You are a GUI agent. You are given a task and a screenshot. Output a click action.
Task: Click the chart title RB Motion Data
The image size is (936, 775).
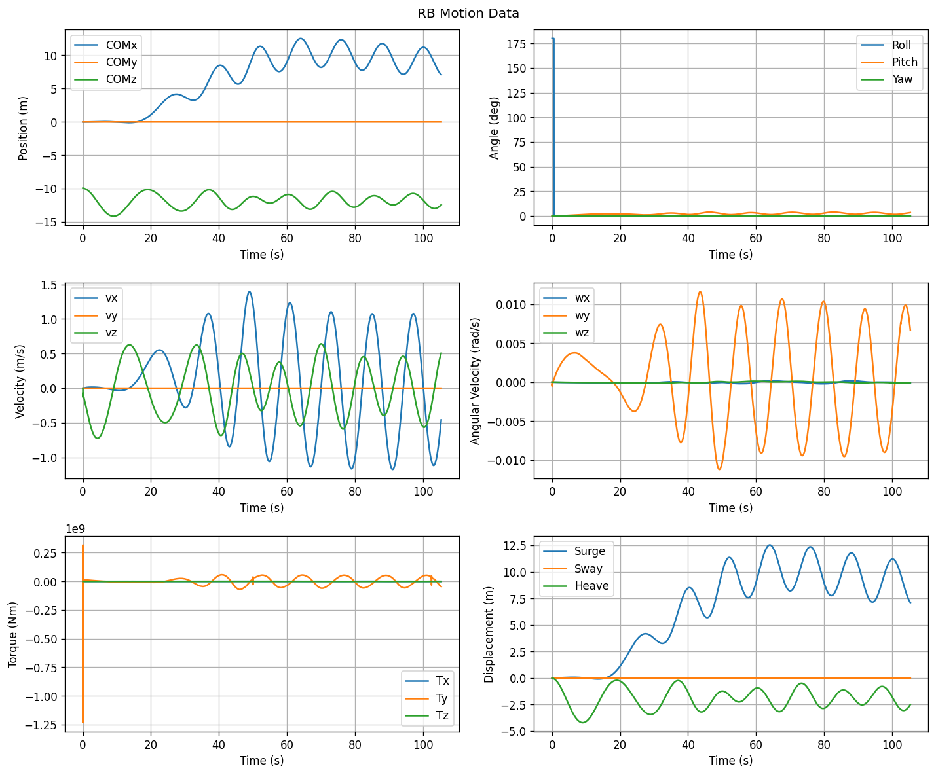pos(468,14)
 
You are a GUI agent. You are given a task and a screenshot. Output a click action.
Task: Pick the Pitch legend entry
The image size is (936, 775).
pos(889,62)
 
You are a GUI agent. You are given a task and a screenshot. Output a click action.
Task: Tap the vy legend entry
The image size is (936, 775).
pos(96,315)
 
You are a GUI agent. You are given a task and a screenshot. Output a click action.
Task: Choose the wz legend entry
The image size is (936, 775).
pos(566,333)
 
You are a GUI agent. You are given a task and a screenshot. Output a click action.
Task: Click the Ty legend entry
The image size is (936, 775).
pos(426,698)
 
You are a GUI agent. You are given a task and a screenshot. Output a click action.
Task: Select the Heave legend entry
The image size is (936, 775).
pos(576,586)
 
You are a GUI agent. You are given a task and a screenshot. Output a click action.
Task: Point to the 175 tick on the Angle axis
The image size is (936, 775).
pos(516,44)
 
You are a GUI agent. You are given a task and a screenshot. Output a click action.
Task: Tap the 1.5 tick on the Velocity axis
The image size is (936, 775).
pos(49,285)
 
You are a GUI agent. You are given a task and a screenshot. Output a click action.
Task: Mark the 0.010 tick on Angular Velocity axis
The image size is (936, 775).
pos(511,305)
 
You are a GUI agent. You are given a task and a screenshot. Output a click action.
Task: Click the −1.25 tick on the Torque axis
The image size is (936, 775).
pos(42,725)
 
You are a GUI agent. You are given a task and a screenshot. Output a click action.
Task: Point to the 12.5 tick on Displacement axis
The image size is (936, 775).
pos(515,546)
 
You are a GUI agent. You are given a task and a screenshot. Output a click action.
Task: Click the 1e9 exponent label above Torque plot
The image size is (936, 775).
pos(75,529)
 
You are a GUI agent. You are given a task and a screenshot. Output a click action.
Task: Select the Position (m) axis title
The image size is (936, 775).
pos(23,128)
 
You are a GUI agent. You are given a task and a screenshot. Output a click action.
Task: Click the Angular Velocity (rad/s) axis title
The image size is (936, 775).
pos(475,381)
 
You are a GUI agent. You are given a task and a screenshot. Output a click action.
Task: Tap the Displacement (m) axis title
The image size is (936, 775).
pos(489,635)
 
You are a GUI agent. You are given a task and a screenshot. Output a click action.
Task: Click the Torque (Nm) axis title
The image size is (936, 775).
pos(12,635)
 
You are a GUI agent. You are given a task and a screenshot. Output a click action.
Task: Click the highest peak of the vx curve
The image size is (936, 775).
pos(250,292)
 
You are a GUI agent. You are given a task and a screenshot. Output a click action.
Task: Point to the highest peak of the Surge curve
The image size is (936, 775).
pos(770,545)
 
